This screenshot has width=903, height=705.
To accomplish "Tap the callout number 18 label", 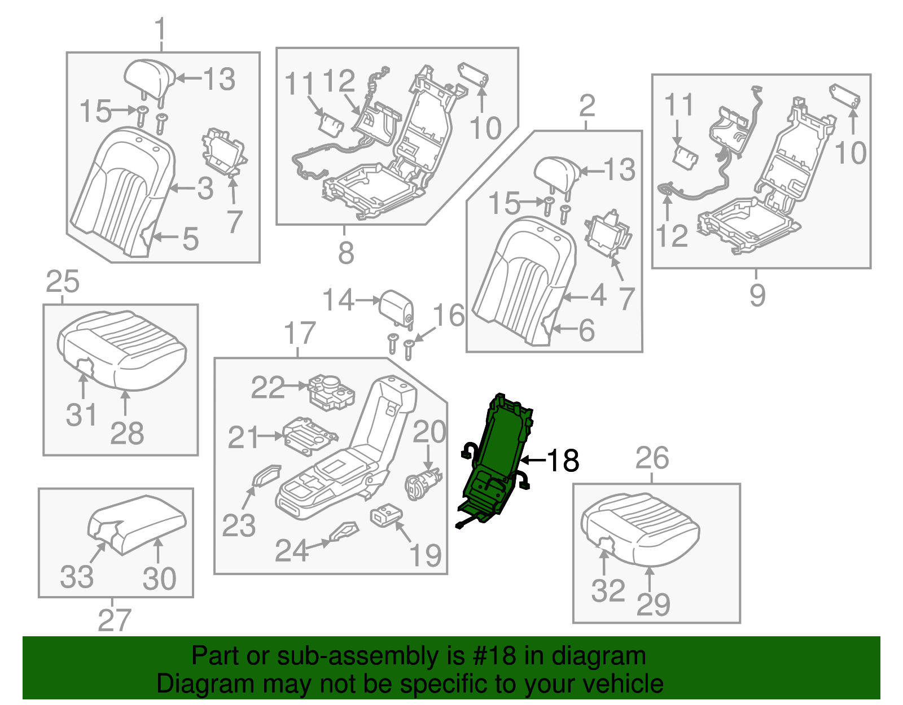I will tap(563, 461).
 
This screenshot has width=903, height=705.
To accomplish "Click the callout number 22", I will tap(268, 388).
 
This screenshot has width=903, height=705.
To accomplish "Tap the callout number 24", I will tap(291, 550).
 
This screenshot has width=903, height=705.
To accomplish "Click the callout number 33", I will tap(77, 577).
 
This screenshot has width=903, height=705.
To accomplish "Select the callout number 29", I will tap(653, 605).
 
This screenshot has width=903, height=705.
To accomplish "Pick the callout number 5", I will tap(191, 239).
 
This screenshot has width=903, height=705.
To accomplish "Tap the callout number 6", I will tap(587, 330).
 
